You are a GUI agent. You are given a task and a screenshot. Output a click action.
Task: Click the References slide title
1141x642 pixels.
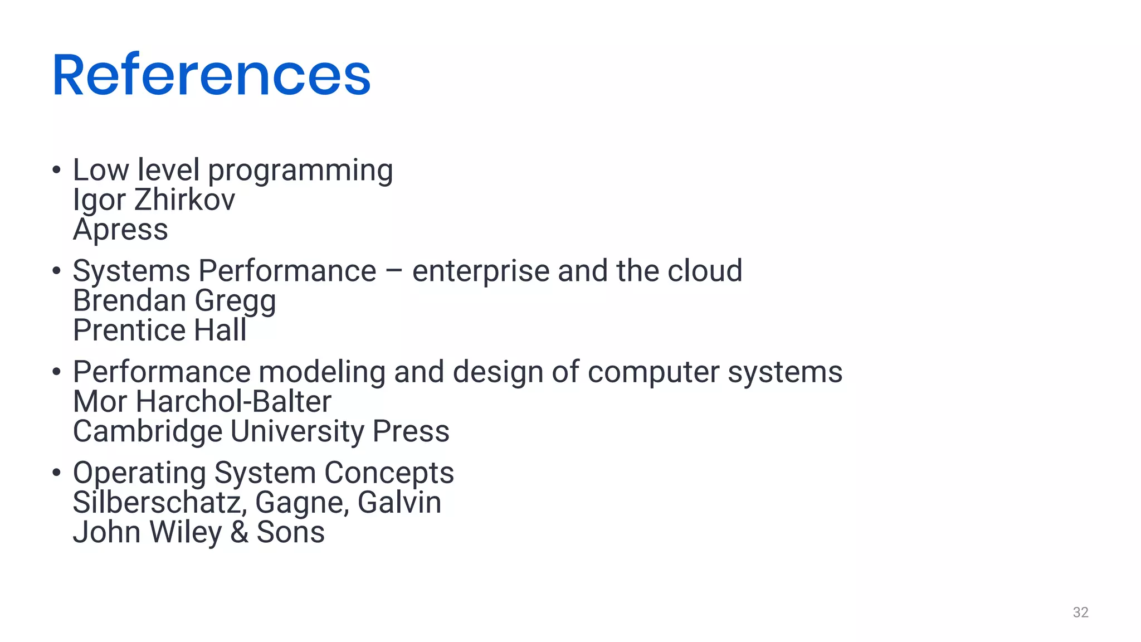(x=211, y=75)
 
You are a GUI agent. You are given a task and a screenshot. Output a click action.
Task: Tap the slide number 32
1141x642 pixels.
(x=1080, y=612)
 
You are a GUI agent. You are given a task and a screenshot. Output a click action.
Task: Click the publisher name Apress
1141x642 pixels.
(x=120, y=230)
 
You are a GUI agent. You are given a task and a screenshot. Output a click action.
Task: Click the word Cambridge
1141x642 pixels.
(x=148, y=431)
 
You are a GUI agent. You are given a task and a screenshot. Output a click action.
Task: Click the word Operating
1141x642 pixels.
(x=139, y=473)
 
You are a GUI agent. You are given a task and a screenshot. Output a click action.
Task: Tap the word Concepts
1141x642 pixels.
(x=389, y=473)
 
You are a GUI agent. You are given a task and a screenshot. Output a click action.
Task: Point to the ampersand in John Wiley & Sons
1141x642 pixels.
(x=239, y=532)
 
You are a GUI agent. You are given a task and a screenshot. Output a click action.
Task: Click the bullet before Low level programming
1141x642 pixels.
(x=56, y=170)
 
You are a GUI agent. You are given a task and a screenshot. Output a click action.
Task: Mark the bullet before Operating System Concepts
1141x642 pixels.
(x=56, y=473)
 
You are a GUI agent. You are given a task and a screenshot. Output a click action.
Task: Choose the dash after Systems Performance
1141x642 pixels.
(x=394, y=271)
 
